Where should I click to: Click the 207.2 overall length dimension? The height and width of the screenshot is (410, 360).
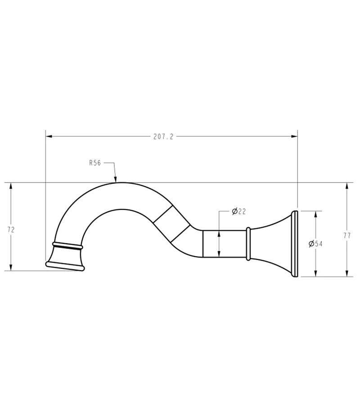point(163,137)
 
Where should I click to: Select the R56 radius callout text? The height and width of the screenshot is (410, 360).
point(95,163)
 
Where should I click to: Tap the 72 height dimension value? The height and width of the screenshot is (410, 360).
point(11,229)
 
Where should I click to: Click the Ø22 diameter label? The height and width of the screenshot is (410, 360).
point(238,211)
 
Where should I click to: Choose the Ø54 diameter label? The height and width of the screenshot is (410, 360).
point(315,244)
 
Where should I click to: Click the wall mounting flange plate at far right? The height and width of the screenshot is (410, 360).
point(295,244)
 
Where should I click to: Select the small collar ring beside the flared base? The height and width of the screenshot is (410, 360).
point(248,244)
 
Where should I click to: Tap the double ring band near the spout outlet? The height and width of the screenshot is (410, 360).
point(67,246)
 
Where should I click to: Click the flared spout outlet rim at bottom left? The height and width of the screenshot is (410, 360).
point(65,266)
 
